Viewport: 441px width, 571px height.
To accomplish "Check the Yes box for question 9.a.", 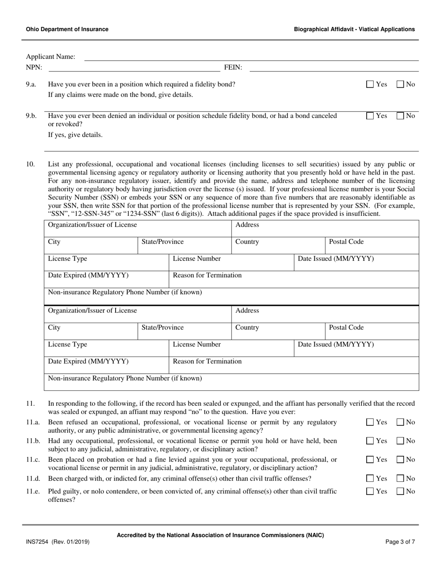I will pyautogui.click(x=370, y=84).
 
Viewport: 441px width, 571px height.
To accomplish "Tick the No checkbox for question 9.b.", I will pyautogui.click(x=400, y=117).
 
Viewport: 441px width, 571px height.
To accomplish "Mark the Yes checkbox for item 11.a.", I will pyautogui.click(x=370, y=422).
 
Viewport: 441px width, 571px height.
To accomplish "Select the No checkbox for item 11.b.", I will pyautogui.click(x=400, y=441).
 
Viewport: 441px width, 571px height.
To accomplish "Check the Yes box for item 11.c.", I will pyautogui.click(x=370, y=460).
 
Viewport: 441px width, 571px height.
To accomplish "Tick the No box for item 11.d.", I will pyautogui.click(x=400, y=479).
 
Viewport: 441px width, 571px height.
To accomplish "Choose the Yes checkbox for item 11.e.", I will pyautogui.click(x=370, y=491).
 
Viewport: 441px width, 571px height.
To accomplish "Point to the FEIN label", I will pyautogui.click(x=233, y=67).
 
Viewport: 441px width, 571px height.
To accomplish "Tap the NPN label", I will pyautogui.click(x=34, y=67).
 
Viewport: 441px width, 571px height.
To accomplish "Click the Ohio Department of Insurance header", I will pyautogui.click(x=67, y=29).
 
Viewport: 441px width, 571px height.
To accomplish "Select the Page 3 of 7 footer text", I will pyautogui.click(x=400, y=541).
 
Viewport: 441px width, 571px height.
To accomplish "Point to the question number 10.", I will pyautogui.click(x=30, y=164).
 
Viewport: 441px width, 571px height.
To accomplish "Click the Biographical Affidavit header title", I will pyautogui.click(x=354, y=29).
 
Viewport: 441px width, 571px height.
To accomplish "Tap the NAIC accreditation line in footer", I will pyautogui.click(x=220, y=535).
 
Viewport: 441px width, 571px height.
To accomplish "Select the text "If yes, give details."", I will pyautogui.click(x=76, y=135).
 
